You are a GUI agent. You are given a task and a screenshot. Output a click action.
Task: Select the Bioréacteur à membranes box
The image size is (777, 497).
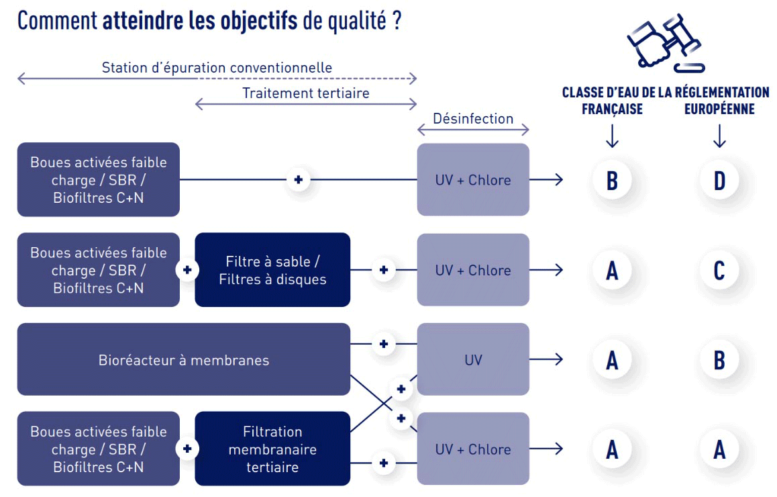point(183,359)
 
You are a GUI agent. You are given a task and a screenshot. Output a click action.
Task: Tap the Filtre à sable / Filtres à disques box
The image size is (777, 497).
point(272,270)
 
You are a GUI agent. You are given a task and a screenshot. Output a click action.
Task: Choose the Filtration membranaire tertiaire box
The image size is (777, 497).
point(272,449)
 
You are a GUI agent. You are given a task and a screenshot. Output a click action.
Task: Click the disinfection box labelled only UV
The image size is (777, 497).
point(473,359)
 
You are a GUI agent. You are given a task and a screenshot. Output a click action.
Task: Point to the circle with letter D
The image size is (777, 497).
point(719,180)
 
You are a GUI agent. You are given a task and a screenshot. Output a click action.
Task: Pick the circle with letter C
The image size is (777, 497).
point(719,270)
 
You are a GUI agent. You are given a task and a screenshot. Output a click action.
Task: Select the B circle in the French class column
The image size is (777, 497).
point(612,180)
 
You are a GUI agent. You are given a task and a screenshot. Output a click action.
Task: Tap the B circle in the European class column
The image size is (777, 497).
point(719,359)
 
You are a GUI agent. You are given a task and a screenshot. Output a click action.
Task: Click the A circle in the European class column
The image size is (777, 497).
point(719,449)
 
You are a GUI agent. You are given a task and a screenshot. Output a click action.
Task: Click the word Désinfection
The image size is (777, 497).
point(473,119)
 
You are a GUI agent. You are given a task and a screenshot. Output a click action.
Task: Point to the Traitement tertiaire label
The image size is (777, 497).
point(306,93)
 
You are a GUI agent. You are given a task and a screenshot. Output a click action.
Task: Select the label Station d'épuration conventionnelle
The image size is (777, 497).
point(217,68)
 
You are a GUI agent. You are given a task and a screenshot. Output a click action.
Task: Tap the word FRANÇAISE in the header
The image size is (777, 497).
point(612,109)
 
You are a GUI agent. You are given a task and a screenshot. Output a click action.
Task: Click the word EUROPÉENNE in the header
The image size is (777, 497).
point(719,109)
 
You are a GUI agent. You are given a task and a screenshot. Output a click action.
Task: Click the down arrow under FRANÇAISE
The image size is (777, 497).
point(612,137)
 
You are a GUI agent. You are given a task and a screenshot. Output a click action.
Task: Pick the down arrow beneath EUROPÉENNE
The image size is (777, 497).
point(719,137)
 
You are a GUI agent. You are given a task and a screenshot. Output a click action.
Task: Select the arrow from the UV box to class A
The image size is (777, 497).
point(546,359)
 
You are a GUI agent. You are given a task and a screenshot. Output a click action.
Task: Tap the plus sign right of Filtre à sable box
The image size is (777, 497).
point(383,270)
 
